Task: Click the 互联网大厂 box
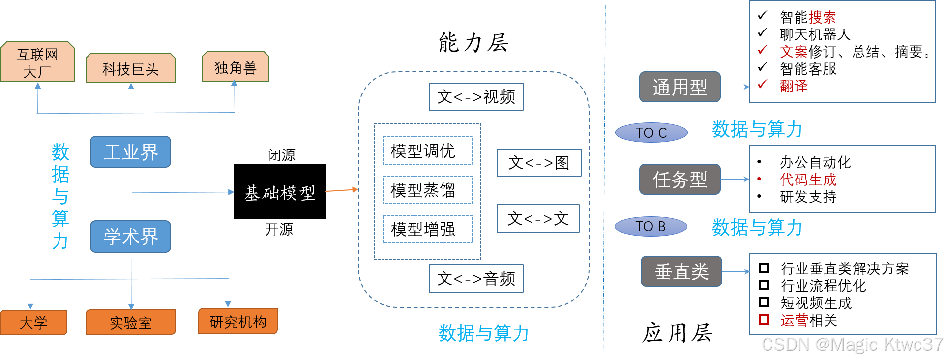[x=37, y=61]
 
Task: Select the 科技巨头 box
[x=130, y=68]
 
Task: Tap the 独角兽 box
[x=235, y=67]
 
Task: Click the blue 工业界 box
[x=130, y=152]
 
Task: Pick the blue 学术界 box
[x=130, y=237]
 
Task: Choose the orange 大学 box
[x=33, y=323]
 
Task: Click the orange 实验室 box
[x=130, y=323]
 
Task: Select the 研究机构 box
[x=238, y=322]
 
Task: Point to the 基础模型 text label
[x=280, y=193]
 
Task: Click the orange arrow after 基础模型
[x=342, y=190]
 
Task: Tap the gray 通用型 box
[x=680, y=87]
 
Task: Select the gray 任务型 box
[x=680, y=180]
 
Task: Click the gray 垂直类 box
[x=681, y=271]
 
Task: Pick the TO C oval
[x=651, y=133]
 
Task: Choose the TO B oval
[x=650, y=226]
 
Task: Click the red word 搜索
[x=822, y=18]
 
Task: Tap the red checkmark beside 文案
[x=763, y=50]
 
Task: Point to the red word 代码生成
[x=808, y=180]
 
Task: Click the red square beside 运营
[x=764, y=320]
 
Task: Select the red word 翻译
[x=794, y=86]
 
